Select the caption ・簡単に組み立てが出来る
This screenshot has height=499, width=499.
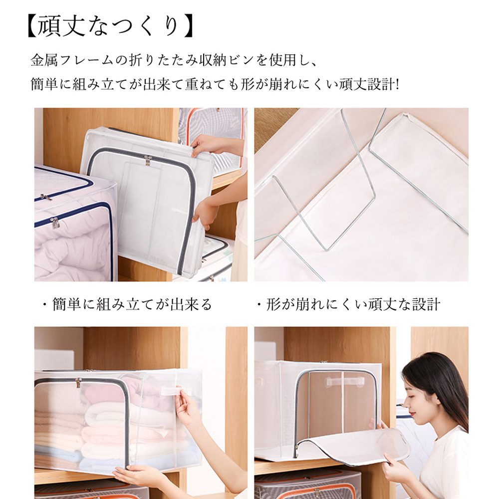click(x=127, y=304)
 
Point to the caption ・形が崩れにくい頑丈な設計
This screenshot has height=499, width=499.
click(x=348, y=304)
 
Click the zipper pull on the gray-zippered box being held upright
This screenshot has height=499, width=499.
click(x=148, y=160)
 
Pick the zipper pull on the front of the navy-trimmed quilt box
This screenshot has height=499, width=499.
click(x=55, y=223)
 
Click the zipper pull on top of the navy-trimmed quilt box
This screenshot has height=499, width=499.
click(x=46, y=197)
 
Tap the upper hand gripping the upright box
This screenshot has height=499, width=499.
click(x=208, y=145)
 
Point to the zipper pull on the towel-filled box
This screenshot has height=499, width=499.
click(x=78, y=383)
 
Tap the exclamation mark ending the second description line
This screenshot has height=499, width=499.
click(x=397, y=85)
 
